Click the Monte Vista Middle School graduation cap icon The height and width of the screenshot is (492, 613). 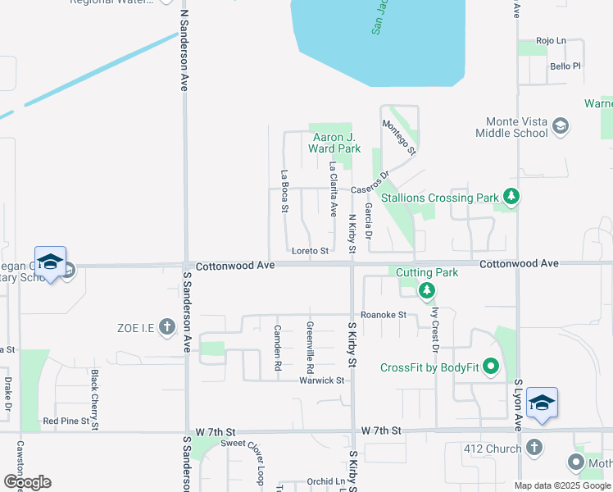coord(561,125)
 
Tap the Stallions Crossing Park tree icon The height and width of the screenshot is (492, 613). coord(511,196)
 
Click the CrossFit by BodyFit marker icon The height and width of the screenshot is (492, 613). coord(491,366)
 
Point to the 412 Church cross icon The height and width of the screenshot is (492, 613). coord(534,448)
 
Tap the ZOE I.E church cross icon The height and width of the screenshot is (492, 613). coord(167,328)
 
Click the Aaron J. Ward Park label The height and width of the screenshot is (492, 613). coord(334,143)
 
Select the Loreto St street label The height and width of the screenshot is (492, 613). coord(310,251)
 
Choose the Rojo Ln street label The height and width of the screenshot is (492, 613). coord(551,40)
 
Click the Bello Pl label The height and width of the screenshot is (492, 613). coord(565,66)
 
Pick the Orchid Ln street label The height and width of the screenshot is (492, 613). coord(326,481)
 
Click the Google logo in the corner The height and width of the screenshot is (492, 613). coord(26,482)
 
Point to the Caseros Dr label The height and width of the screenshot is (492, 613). coord(368,190)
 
